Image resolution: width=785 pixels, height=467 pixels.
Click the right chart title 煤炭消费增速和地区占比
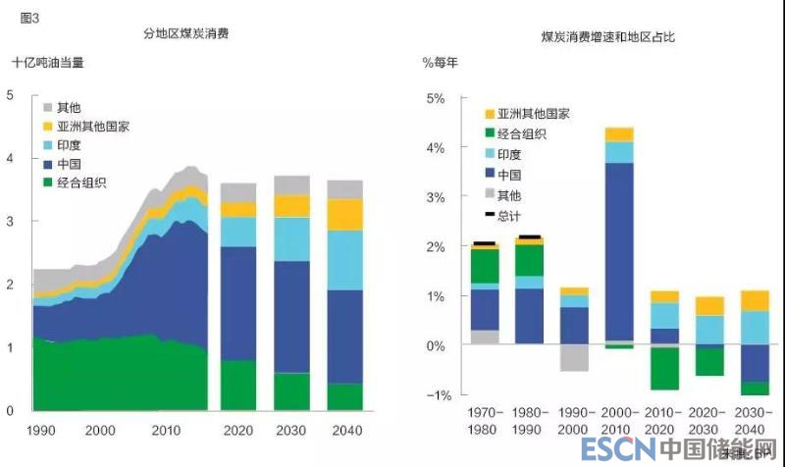click(x=608, y=36)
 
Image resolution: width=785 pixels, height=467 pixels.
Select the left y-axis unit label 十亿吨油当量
click(x=48, y=62)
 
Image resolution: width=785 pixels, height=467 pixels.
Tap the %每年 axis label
click(x=441, y=62)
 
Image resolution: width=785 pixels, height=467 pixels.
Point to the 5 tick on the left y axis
click(x=10, y=95)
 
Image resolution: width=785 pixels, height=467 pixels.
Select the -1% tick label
click(x=433, y=394)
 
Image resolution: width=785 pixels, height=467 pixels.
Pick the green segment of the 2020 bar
click(x=237, y=385)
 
